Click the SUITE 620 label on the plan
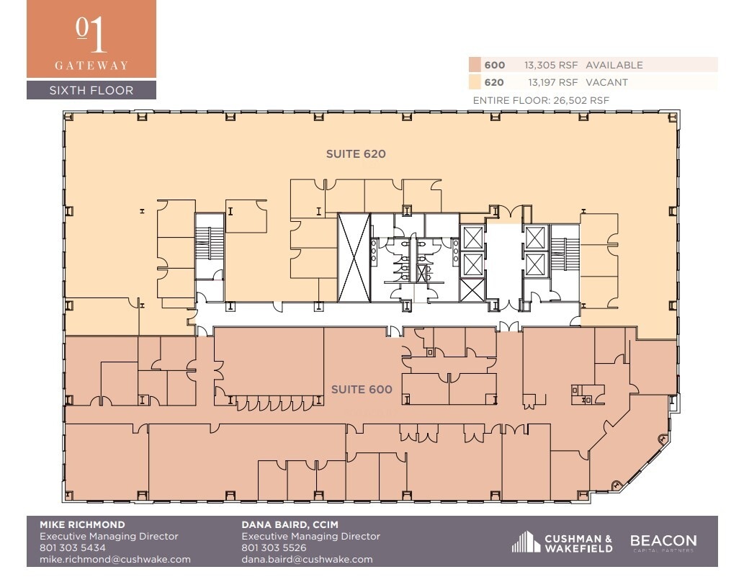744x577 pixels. pos(356,153)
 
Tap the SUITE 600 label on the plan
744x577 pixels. pos(362,390)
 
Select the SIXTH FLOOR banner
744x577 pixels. pos(91,91)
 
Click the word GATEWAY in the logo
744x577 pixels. pos(91,66)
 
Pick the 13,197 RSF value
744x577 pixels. pos(552,82)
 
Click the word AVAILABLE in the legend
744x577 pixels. pos(614,65)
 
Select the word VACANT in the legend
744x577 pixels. pos(606,82)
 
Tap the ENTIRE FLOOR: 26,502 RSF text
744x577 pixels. pos(541,100)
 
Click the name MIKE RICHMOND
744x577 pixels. pos(82,524)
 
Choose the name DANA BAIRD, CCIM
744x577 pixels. pos(290,524)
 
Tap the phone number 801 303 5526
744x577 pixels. pos(274,547)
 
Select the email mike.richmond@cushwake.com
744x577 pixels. pos(115,559)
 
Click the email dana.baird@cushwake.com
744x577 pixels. pos(307,559)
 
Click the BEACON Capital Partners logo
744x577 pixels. pos(663,542)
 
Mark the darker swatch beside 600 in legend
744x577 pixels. pos(475,65)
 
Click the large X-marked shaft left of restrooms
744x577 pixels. pos(354,257)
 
